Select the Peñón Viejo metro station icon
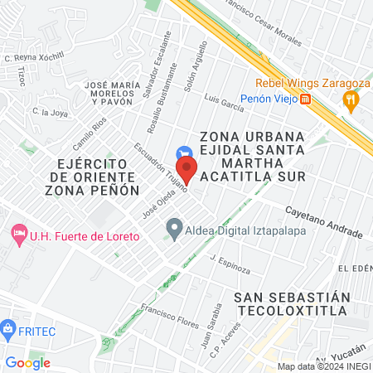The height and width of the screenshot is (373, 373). click(x=306, y=99)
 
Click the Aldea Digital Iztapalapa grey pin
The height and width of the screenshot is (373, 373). click(x=174, y=227)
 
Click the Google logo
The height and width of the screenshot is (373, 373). click(x=27, y=362)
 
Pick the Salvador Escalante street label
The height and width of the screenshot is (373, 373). click(x=156, y=65)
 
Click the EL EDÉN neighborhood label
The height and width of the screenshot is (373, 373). click(x=355, y=268)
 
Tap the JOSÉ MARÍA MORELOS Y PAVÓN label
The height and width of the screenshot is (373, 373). click(x=121, y=93)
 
